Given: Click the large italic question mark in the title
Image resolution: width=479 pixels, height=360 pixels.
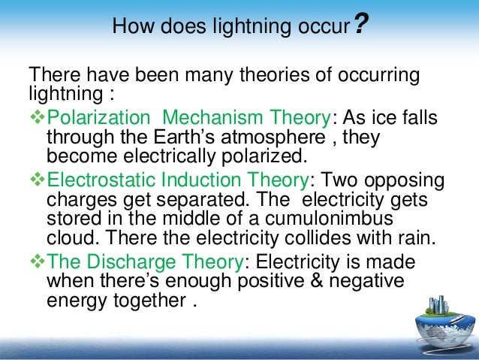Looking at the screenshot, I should [x=360, y=26].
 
